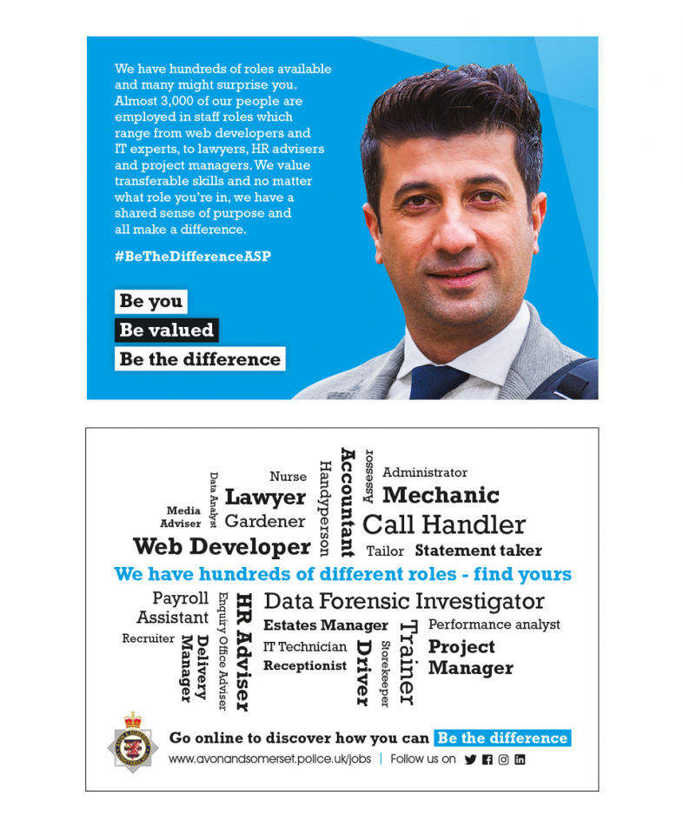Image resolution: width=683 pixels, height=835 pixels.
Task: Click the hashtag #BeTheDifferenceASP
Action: click(x=193, y=257)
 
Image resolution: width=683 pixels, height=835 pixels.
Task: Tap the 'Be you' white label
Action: click(x=151, y=301)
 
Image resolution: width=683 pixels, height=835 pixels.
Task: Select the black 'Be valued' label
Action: click(x=166, y=330)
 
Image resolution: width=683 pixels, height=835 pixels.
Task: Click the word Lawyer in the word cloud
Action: click(x=265, y=498)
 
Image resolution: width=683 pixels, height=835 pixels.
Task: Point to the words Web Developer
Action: click(x=222, y=547)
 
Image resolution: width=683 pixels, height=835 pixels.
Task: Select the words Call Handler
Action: click(x=443, y=525)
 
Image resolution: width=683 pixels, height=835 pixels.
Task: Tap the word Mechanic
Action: click(x=441, y=496)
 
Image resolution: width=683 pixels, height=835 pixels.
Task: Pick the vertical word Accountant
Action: click(x=348, y=502)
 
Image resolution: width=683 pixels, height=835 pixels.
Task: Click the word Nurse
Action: click(x=288, y=477)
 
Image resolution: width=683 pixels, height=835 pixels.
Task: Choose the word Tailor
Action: click(x=385, y=551)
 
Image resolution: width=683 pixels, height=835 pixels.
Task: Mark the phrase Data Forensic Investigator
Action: click(x=403, y=601)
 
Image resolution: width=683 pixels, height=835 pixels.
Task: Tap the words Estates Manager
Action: click(x=325, y=625)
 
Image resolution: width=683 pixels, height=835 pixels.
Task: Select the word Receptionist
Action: click(x=304, y=666)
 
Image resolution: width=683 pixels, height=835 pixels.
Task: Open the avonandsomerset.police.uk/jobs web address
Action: click(x=269, y=759)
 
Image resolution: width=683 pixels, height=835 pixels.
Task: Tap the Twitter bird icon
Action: click(x=470, y=759)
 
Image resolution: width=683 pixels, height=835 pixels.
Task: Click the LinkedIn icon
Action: click(x=520, y=759)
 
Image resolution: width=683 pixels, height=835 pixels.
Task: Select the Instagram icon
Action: click(x=503, y=759)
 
